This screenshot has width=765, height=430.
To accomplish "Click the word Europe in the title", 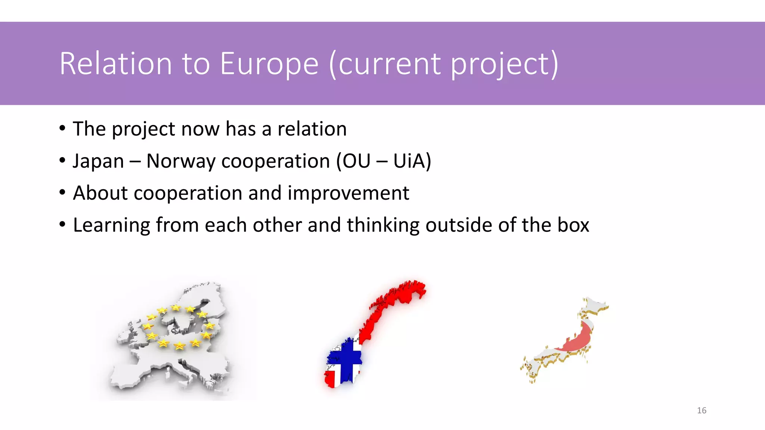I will point(269,64).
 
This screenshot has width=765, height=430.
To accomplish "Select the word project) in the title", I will point(504,64).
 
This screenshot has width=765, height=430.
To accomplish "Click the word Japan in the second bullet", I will point(98,161).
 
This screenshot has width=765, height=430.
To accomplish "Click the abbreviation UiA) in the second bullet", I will point(412,161).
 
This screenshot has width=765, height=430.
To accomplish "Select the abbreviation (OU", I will point(353,161).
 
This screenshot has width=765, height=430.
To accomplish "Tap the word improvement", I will point(348,193).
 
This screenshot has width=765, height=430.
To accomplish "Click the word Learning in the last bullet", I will point(111,225).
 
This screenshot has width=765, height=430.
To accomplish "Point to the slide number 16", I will point(701,411).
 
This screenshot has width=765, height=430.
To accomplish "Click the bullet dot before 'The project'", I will point(62,129).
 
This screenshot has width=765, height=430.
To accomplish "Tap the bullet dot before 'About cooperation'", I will point(62,193).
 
